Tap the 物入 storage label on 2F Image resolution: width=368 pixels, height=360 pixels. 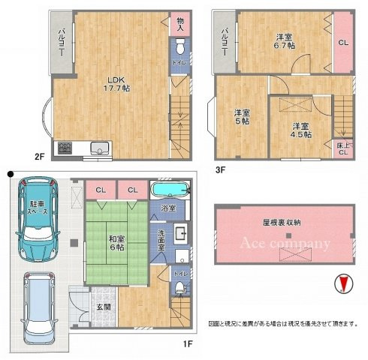179,24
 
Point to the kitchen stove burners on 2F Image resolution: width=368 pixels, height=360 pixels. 62,147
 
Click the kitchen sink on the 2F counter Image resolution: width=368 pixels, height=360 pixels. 98,147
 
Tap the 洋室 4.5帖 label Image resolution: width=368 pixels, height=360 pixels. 301,130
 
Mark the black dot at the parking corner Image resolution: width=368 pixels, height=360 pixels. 10,175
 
